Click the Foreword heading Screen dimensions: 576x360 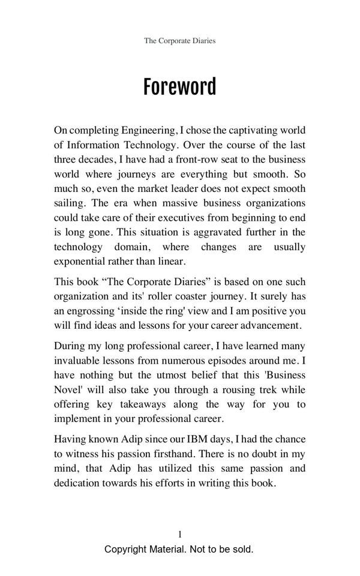click(x=179, y=88)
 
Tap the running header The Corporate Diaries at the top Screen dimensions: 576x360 click(x=179, y=41)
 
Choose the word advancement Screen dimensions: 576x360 click(x=271, y=325)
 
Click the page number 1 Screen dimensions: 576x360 click(x=179, y=534)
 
